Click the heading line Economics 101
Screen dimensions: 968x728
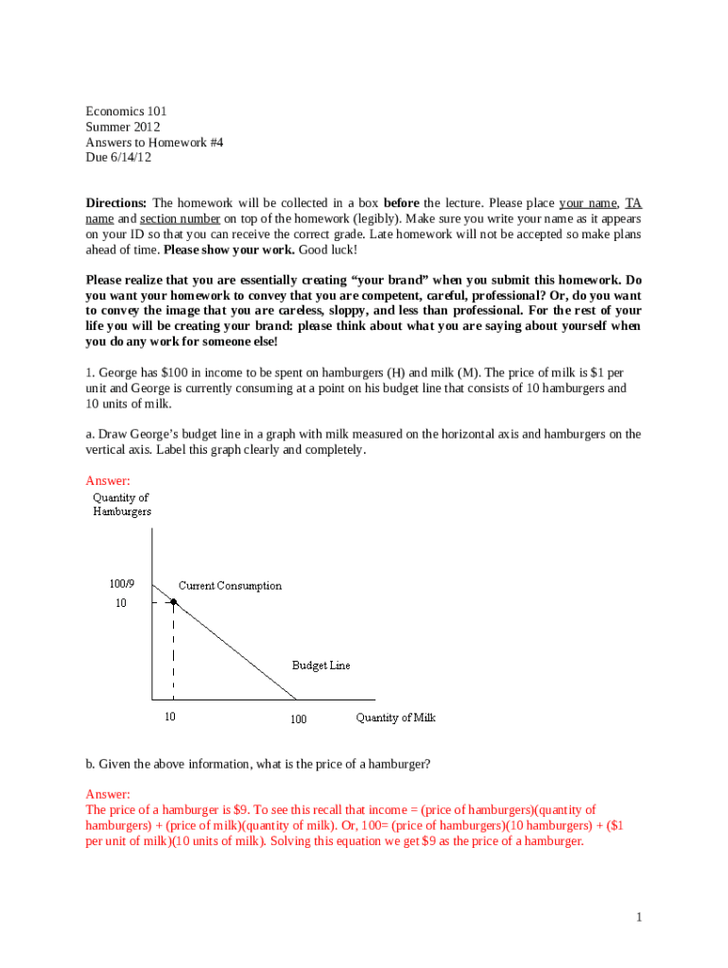point(126,111)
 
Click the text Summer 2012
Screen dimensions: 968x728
point(123,127)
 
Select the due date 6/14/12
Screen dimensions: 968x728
point(132,158)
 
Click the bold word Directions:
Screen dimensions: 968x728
point(116,203)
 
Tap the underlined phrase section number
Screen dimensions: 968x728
point(180,218)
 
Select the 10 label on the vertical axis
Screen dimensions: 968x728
point(120,603)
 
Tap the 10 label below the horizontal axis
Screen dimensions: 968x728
point(170,717)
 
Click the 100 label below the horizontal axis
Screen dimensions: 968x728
point(298,719)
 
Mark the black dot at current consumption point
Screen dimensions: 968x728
point(173,601)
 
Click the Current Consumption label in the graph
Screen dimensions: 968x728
point(230,586)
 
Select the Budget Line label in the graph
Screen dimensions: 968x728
point(321,665)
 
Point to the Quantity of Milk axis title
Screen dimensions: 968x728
point(395,717)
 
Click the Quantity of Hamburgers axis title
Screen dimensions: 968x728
point(121,505)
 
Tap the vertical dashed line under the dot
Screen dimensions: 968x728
point(173,652)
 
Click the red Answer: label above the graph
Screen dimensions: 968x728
point(108,480)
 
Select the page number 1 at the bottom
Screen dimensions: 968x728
point(639,917)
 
